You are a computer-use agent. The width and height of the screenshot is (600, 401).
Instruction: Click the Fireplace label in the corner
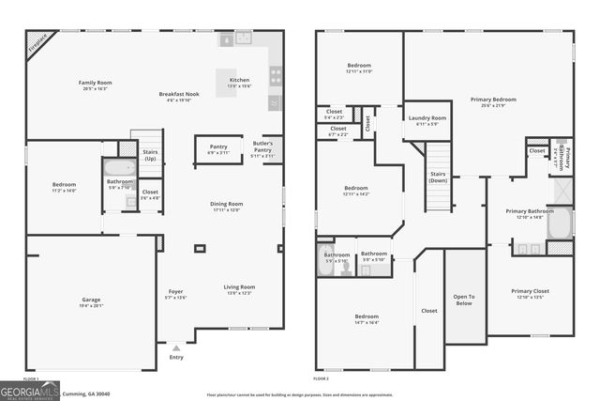point(38,43)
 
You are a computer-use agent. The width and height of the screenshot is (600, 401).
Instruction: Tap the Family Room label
point(95,83)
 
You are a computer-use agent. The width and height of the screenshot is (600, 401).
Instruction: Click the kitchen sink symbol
point(243,39)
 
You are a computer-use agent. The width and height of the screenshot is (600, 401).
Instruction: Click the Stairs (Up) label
point(150,155)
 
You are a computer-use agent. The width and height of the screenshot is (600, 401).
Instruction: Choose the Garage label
point(91,300)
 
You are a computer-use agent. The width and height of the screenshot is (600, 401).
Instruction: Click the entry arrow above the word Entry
point(176,347)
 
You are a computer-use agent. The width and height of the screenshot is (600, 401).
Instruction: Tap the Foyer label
point(176,291)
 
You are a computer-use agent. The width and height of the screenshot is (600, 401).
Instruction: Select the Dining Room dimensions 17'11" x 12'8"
point(226,209)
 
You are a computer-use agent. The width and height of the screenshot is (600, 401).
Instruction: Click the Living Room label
point(239,286)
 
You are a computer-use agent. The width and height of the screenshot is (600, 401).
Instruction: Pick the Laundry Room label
point(427,118)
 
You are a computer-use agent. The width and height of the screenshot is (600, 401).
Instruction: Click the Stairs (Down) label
point(438,177)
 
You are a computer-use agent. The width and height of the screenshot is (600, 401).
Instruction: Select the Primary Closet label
point(531,291)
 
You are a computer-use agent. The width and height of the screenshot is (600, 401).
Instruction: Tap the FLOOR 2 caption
point(322,378)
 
